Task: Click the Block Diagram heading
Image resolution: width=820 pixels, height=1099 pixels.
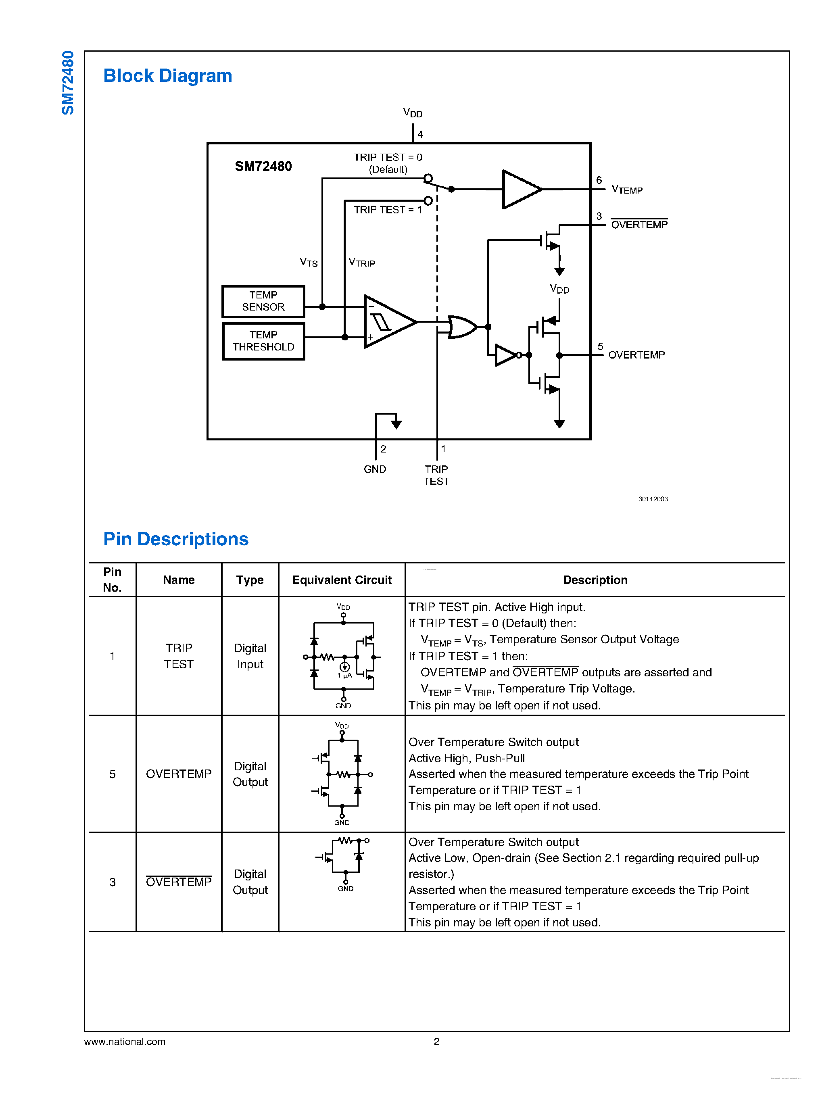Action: pos(167,76)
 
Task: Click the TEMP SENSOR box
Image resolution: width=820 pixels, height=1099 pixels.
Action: pos(263,301)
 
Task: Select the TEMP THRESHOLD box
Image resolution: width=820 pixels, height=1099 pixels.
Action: pos(263,341)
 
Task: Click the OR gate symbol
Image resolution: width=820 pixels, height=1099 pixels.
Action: pos(461,327)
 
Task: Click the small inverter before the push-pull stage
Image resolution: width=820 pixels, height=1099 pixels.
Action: pos(505,355)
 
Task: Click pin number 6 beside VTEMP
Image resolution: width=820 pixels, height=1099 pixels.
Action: pos(599,180)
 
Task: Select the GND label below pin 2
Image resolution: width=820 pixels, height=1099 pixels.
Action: pos(375,469)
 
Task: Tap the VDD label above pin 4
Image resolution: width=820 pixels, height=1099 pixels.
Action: pos(413,113)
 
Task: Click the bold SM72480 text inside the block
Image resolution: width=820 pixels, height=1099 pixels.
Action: pos(263,166)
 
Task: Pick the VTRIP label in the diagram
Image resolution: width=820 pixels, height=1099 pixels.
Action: pos(361,263)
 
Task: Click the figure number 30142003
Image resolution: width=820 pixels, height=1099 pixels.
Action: pos(653,499)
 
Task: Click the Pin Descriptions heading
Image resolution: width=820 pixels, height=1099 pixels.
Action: pos(176,539)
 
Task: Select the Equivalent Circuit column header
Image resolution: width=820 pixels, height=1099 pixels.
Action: pos(342,580)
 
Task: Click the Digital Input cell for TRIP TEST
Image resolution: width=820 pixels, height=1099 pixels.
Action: pos(250,656)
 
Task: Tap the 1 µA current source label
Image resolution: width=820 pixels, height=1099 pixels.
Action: pos(344,676)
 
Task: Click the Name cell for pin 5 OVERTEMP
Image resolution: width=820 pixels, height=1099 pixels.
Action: pos(179,774)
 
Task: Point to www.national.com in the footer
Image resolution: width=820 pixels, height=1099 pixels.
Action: pos(125,1041)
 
